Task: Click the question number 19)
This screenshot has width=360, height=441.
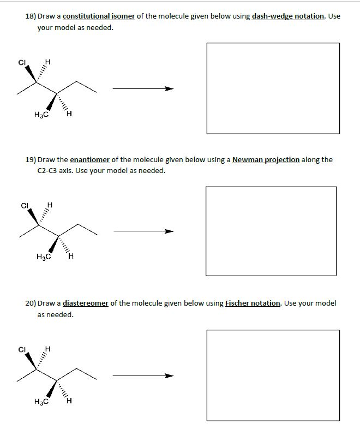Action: (x=31, y=160)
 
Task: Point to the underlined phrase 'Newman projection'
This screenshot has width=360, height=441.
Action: (x=266, y=160)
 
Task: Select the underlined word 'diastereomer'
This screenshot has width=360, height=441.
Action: (x=85, y=303)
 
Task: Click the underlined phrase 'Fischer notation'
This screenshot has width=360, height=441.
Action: (x=253, y=303)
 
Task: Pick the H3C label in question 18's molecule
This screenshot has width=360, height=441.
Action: (x=41, y=115)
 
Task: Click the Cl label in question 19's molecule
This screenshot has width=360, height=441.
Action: (x=23, y=206)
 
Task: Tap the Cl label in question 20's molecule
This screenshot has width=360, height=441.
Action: (x=22, y=350)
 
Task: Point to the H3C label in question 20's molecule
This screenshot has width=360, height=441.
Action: (x=41, y=402)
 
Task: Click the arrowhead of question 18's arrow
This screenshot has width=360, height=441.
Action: (x=169, y=88)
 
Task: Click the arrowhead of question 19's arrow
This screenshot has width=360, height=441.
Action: (x=170, y=231)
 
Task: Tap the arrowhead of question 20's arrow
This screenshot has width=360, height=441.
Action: (x=170, y=376)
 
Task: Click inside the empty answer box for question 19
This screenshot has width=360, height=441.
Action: (x=271, y=231)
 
